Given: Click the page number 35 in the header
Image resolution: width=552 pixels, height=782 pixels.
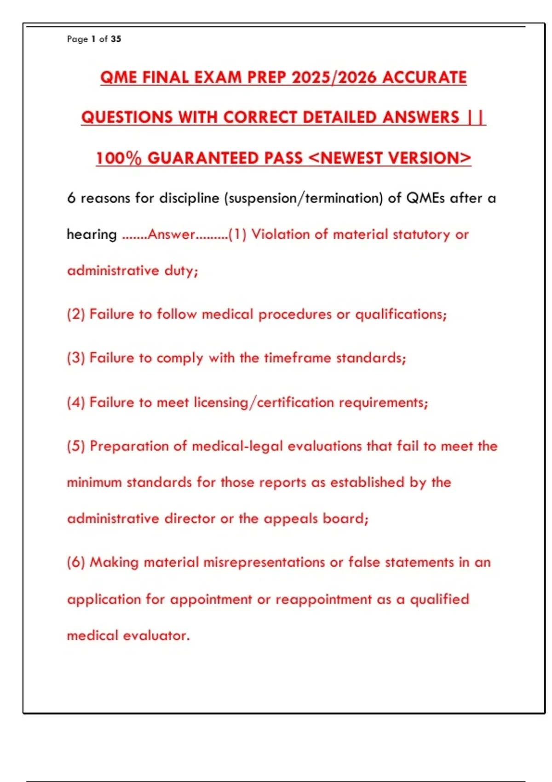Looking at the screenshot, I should click(x=116, y=39).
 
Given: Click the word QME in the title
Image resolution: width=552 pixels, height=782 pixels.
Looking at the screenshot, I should click(x=119, y=77).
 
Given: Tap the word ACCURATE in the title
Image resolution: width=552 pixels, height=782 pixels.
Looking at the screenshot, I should click(x=424, y=77).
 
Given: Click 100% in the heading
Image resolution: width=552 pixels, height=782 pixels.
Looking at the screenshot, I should click(x=119, y=158).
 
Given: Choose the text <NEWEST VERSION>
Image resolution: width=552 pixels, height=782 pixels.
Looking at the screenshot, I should click(x=390, y=158).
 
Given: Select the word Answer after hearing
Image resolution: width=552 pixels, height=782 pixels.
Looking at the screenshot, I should click(x=171, y=235).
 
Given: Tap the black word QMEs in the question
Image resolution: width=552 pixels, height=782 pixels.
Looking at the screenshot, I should click(x=425, y=198).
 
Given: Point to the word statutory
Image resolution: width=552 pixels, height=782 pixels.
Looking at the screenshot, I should click(x=421, y=235).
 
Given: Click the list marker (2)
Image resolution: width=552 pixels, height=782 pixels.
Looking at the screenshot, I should click(x=76, y=314).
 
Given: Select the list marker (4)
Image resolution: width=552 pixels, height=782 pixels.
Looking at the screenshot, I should click(x=76, y=402).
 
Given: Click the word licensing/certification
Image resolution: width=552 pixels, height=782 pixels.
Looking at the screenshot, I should click(x=264, y=402).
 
